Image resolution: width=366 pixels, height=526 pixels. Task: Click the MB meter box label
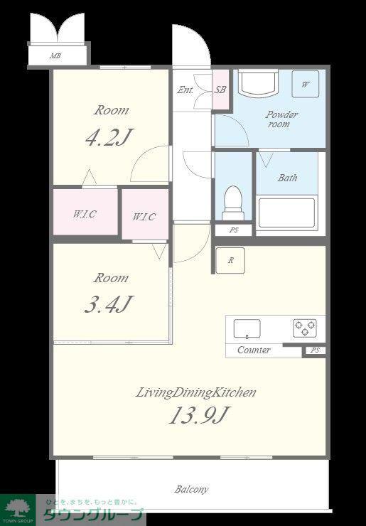55,55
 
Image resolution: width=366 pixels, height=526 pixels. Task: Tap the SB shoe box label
220,90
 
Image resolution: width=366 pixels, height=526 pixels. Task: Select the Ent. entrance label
185,90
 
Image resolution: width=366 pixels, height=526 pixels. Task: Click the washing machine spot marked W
305,84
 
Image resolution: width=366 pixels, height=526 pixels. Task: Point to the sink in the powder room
258,82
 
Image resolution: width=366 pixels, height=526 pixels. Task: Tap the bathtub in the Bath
287,213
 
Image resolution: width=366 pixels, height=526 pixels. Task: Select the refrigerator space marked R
230,260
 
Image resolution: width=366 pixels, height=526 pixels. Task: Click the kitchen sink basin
247,328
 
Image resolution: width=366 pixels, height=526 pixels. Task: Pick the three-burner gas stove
305,328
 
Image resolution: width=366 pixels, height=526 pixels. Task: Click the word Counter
254,350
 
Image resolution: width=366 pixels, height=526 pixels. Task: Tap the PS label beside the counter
315,350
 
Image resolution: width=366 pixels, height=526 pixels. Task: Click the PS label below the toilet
234,230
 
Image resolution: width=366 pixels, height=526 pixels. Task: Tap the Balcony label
191,490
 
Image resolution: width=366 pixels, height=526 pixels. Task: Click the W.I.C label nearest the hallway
144,216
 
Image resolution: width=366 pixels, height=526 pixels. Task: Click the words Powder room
281,119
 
